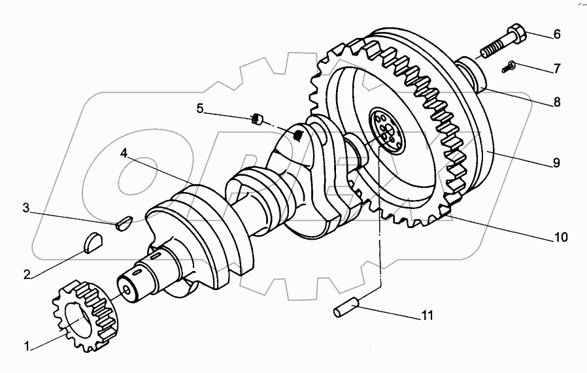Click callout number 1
[x=27, y=346]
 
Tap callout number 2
[x=27, y=274]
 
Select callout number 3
[x=26, y=208]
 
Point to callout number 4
[x=124, y=154]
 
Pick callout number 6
[x=556, y=35]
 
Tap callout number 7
[x=556, y=67]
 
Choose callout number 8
[x=556, y=102]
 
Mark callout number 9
[x=556, y=163]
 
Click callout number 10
[x=560, y=237]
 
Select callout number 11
[x=426, y=316]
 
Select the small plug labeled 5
[x=257, y=119]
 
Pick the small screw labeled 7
[x=509, y=65]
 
